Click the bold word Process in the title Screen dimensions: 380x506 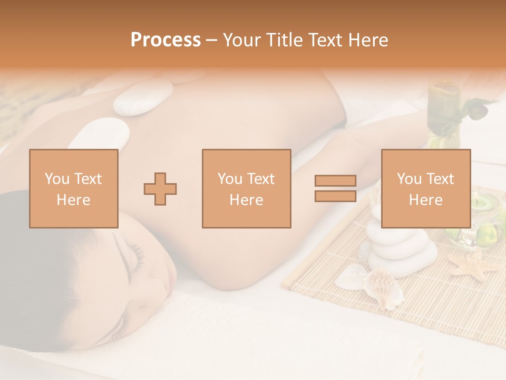pos(166,40)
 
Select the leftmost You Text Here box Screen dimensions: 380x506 pos(73,188)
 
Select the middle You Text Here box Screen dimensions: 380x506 pos(246,188)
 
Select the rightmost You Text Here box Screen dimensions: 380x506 pos(425,188)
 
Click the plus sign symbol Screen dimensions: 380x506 pos(160,188)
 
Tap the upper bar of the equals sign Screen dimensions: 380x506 pos(335,180)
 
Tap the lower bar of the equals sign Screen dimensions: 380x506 pos(335,196)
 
